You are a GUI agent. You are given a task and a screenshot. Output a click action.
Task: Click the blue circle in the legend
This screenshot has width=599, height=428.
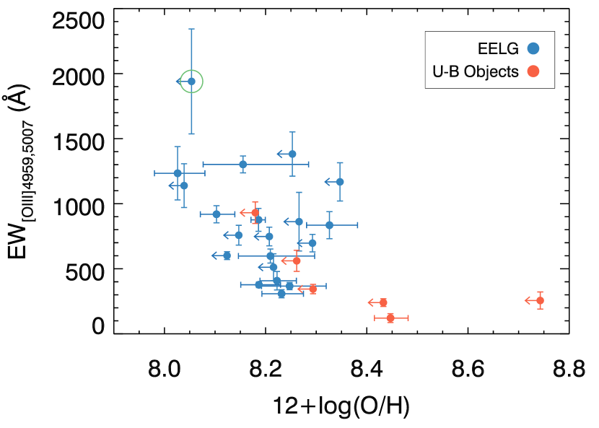coord(533,48)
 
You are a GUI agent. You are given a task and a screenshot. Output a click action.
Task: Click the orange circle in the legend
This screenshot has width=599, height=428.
coord(533,71)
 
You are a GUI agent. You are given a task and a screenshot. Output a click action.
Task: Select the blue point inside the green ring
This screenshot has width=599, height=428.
coord(191,82)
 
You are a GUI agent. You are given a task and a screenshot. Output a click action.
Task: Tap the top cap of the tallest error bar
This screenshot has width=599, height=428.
coord(191,30)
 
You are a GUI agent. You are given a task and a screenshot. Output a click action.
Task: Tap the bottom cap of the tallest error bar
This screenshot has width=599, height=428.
coord(191,134)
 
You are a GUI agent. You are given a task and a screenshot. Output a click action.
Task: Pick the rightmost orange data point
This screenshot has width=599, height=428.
coord(540,300)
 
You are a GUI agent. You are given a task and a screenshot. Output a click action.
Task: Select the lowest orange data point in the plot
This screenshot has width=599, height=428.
coord(390,318)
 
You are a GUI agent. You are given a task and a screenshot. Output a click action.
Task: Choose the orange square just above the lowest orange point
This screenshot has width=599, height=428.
coord(383,302)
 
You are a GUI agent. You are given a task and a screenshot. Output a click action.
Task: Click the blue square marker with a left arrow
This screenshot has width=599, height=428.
coord(227,256)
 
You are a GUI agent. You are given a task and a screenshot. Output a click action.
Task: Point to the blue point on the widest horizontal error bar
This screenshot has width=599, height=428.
coord(242,164)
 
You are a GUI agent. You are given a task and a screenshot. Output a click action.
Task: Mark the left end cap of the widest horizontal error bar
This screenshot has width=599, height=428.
coord(204,164)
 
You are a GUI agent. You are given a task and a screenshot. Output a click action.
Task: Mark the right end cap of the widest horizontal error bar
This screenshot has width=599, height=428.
coord(308,164)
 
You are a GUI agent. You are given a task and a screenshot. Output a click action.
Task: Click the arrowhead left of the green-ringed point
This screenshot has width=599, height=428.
coord(178,82)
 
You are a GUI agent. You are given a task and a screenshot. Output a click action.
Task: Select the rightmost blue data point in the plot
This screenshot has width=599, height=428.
coord(340,182)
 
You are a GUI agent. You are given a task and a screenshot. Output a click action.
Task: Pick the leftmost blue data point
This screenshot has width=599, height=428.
coord(178,173)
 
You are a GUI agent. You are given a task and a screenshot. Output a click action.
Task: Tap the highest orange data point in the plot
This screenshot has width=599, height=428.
coord(255,212)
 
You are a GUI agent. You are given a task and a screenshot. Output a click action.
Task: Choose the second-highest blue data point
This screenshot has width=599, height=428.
coord(292,154)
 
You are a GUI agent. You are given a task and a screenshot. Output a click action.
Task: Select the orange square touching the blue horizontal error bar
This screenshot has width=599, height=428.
coord(312,289)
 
